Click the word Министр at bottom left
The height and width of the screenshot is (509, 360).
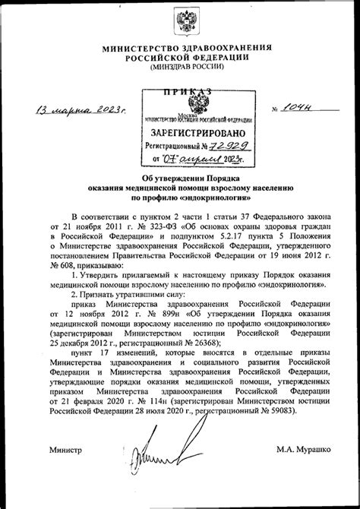[x=66, y=451]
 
